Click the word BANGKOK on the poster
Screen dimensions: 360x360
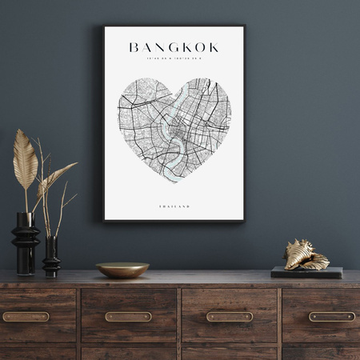[174, 48]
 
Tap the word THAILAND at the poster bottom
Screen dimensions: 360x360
[174, 206]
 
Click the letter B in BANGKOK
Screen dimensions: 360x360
[134, 48]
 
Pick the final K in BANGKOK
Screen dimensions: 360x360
[214, 48]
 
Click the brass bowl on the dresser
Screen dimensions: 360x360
[122, 270]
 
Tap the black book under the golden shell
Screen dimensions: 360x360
[306, 272]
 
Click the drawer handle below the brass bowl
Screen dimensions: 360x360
[128, 316]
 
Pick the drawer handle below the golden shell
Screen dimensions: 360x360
[331, 316]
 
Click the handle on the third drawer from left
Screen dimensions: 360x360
[229, 316]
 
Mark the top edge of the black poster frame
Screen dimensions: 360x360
[174, 26]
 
